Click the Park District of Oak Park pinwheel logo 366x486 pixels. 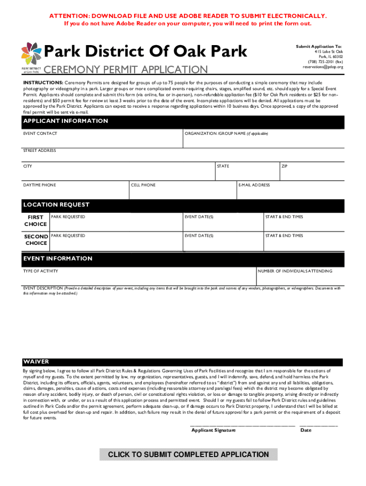[31, 54]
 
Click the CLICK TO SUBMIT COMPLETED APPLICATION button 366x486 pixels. [188, 455]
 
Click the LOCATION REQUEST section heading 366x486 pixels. [56, 205]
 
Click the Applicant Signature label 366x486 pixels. [213, 430]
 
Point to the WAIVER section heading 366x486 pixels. [36, 362]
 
